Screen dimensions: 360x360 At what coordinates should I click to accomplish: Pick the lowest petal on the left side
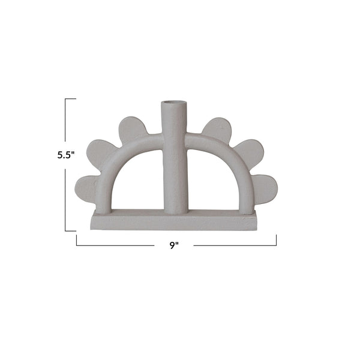88,188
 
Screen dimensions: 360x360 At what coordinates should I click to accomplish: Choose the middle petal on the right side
248,154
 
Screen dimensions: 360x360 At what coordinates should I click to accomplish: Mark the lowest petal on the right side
263,188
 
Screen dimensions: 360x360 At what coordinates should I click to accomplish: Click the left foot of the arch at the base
103,207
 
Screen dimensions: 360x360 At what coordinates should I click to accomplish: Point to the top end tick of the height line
71,99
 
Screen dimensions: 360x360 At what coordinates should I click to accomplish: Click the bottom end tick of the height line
71,230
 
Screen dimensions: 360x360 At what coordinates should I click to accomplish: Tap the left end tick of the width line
77,240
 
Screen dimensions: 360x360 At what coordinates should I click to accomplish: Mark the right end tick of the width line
277,240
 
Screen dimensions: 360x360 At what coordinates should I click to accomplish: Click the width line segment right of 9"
234,245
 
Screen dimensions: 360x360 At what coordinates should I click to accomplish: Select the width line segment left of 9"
114,245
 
